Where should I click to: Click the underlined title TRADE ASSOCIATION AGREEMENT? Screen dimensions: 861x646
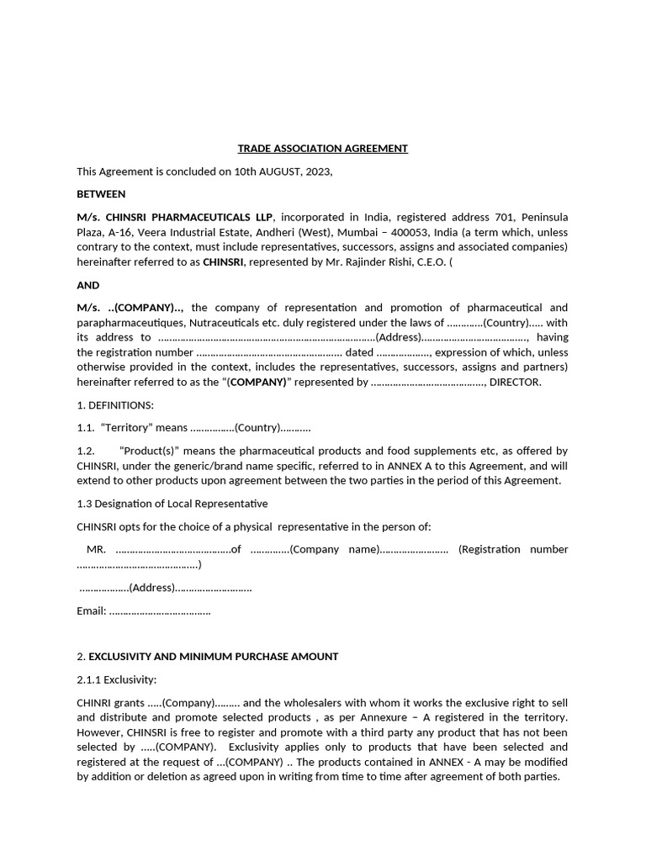(x=322, y=149)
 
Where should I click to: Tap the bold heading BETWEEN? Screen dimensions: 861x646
(x=101, y=194)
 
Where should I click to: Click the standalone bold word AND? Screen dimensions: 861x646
(x=88, y=285)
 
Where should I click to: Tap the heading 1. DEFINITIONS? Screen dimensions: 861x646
(x=115, y=405)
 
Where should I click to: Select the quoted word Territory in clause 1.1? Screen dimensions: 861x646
(x=126, y=428)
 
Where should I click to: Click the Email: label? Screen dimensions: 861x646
(x=92, y=611)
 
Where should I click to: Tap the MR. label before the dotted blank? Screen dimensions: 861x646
(x=96, y=549)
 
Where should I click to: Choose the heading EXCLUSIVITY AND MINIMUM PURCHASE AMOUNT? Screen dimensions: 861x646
(x=214, y=656)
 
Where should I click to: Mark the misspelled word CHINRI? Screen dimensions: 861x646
(x=97, y=702)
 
